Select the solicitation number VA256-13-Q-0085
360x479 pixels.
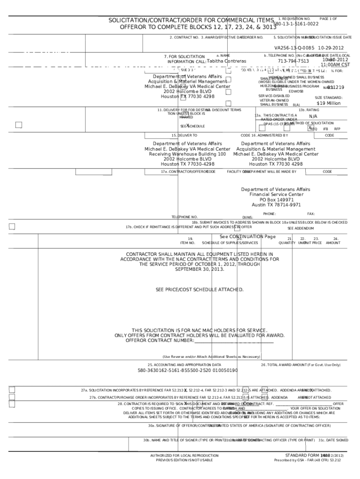tap(294, 48)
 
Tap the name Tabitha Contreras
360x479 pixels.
tap(226, 61)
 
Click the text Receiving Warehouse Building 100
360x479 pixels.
tap(187, 154)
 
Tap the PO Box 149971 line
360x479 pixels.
tap(275, 200)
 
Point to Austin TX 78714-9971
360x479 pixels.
tap(275, 205)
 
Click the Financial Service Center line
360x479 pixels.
tap(276, 195)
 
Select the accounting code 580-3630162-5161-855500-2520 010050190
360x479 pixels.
tap(187, 370)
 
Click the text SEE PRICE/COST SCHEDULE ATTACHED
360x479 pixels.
tap(200, 290)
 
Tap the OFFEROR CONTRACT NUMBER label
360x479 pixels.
tap(160, 340)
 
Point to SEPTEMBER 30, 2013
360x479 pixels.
tap(200, 269)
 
